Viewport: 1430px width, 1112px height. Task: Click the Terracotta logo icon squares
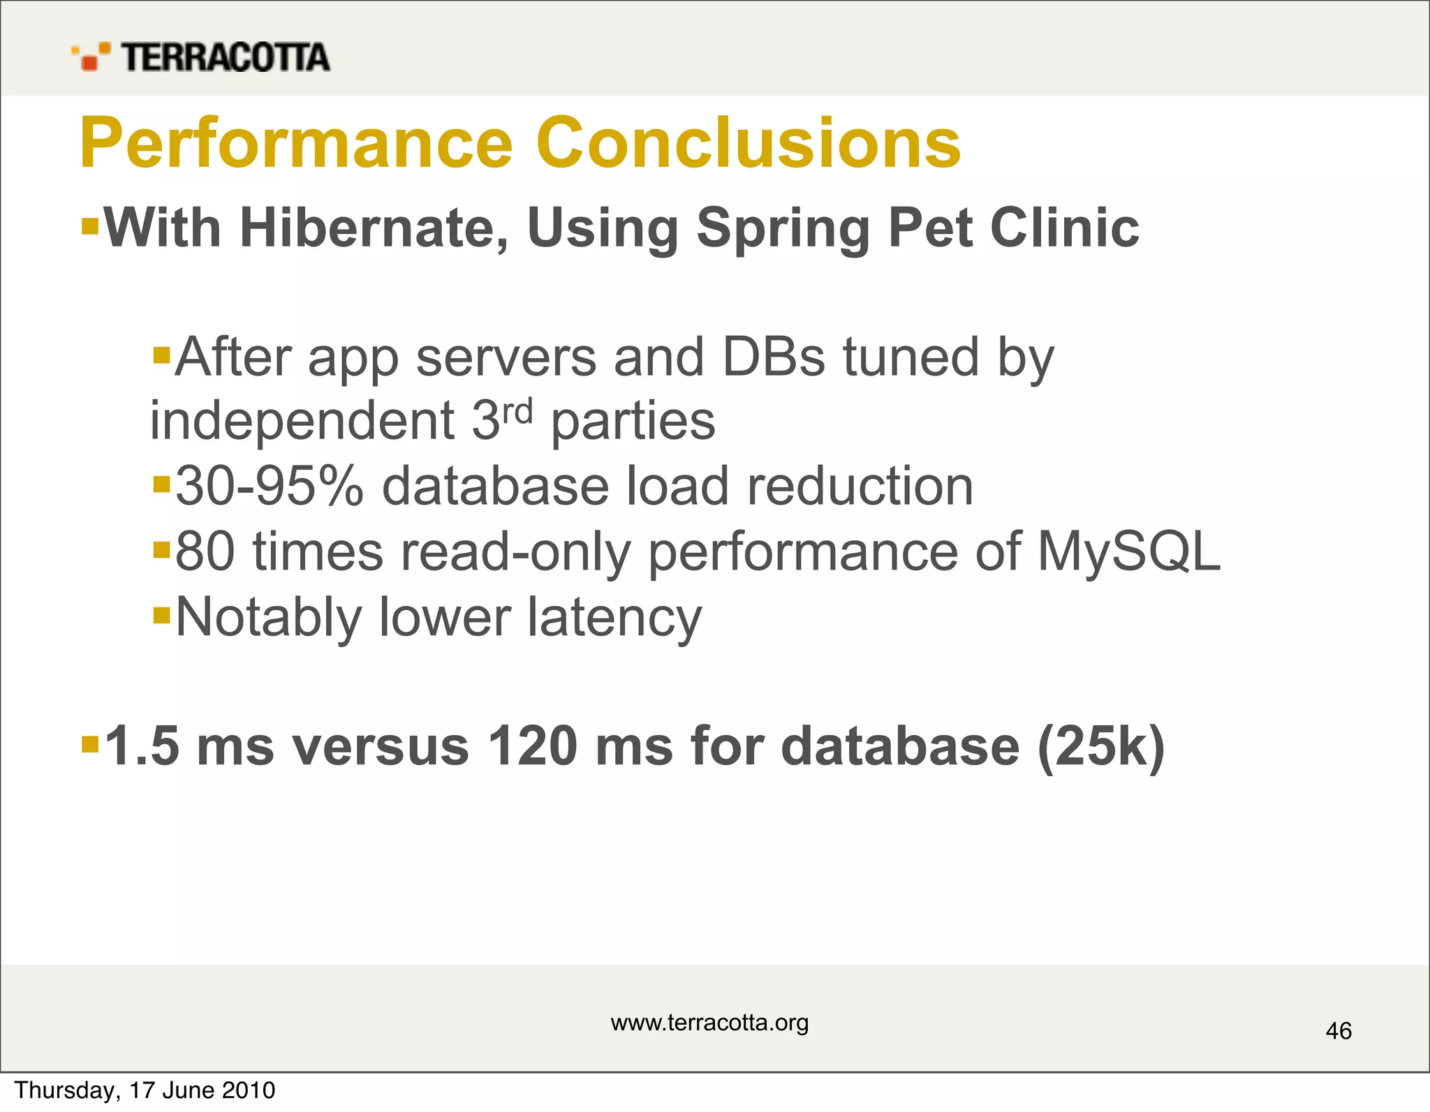pyautogui.click(x=91, y=57)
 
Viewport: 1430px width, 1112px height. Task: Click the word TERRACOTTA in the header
pyautogui.click(x=225, y=57)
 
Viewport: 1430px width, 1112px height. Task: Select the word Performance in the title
pyautogui.click(x=296, y=143)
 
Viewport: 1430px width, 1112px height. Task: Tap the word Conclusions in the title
pyautogui.click(x=748, y=143)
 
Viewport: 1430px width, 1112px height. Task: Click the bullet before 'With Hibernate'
pyautogui.click(x=89, y=226)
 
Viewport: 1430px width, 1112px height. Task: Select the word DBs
pyautogui.click(x=773, y=357)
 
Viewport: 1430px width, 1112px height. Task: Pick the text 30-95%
pyautogui.click(x=270, y=487)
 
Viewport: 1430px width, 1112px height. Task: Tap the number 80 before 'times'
pyautogui.click(x=205, y=551)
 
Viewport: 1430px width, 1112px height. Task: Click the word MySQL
pyautogui.click(x=1128, y=551)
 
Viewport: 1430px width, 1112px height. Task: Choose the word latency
pyautogui.click(x=614, y=617)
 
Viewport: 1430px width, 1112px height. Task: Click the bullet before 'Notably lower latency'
pyautogui.click(x=161, y=615)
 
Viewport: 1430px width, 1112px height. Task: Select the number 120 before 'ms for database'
pyautogui.click(x=533, y=746)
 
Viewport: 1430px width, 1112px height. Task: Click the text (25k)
pyautogui.click(x=1101, y=746)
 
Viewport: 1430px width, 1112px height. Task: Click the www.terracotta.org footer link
pyautogui.click(x=709, y=1023)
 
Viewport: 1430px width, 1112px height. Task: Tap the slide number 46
pyautogui.click(x=1338, y=1031)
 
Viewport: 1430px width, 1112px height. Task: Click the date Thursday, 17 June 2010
pyautogui.click(x=145, y=1090)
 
